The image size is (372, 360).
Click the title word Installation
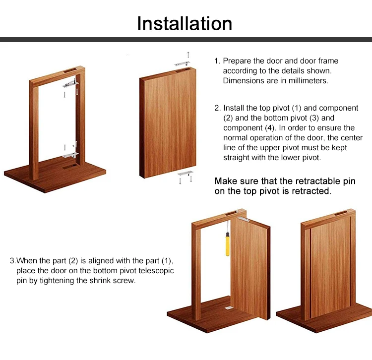point(185,23)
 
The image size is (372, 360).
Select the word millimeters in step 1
point(306,80)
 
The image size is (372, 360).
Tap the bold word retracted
point(310,191)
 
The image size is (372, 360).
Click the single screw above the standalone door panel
point(188,55)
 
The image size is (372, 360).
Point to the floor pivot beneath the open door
point(229,307)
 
